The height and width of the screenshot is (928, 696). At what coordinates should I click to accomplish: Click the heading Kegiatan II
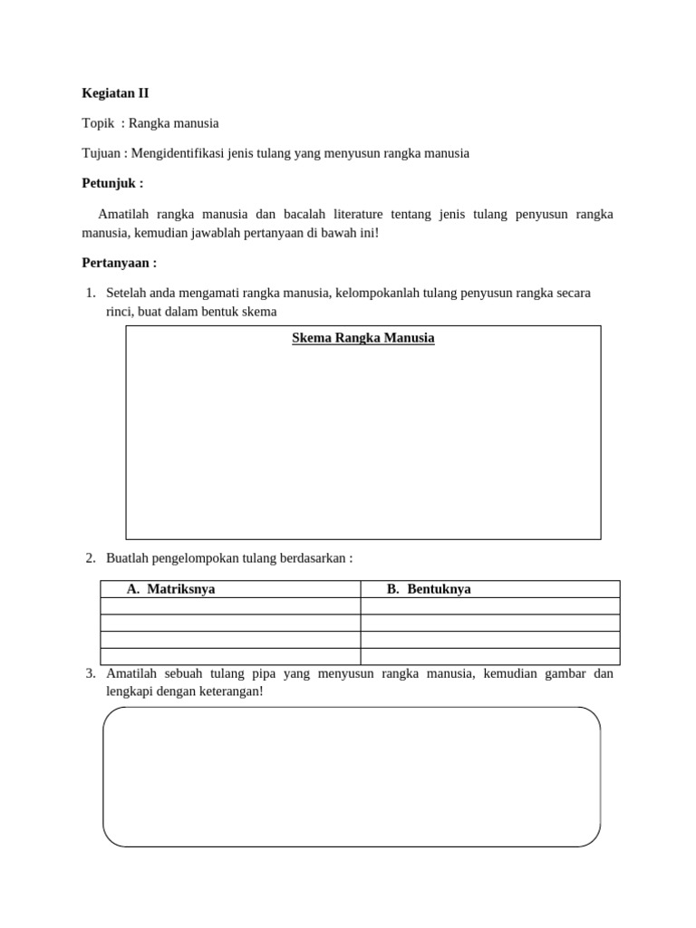pos(116,92)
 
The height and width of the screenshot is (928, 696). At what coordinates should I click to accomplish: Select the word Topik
pos(98,123)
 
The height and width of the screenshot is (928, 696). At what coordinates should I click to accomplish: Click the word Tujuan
pos(101,153)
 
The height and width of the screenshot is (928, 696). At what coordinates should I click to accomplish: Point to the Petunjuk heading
pos(112,183)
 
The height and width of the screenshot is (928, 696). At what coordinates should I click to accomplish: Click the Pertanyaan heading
pos(120,263)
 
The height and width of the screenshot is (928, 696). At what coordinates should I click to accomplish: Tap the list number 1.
pos(90,294)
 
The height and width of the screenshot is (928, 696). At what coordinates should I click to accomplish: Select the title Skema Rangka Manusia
pos(362,338)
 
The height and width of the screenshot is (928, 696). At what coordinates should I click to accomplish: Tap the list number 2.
pos(90,558)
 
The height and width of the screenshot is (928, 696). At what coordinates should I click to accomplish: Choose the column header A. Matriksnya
pos(171,589)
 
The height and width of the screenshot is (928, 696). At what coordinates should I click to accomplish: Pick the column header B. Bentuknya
pos(429,589)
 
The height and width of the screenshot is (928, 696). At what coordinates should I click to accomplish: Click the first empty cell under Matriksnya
pos(230,606)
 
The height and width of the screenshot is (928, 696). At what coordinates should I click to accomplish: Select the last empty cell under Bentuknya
pos(490,657)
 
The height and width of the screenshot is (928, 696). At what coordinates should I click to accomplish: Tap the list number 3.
pos(90,673)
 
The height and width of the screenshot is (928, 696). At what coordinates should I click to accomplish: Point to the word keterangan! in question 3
pos(226,691)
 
